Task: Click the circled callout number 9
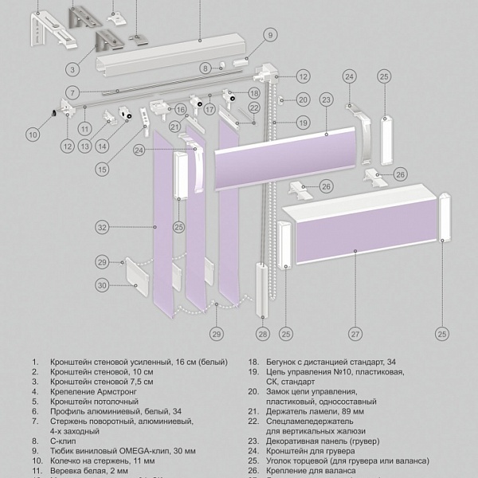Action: (269, 34)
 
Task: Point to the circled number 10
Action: (32, 134)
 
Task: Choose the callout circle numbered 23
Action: (325, 100)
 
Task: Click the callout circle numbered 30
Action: (102, 285)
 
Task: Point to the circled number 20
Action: (302, 100)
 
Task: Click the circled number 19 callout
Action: (302, 123)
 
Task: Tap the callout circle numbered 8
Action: (204, 68)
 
